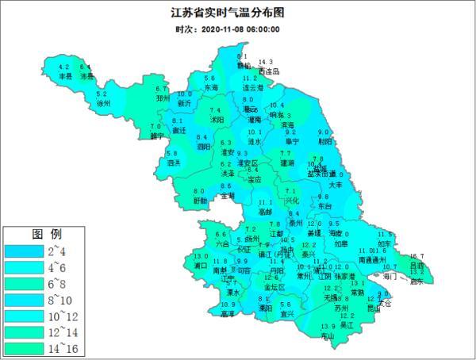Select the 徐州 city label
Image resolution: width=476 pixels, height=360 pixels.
[x=103, y=103]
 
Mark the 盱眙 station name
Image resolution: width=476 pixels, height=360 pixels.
[x=200, y=201]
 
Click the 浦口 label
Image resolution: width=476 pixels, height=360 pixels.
[x=201, y=266]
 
